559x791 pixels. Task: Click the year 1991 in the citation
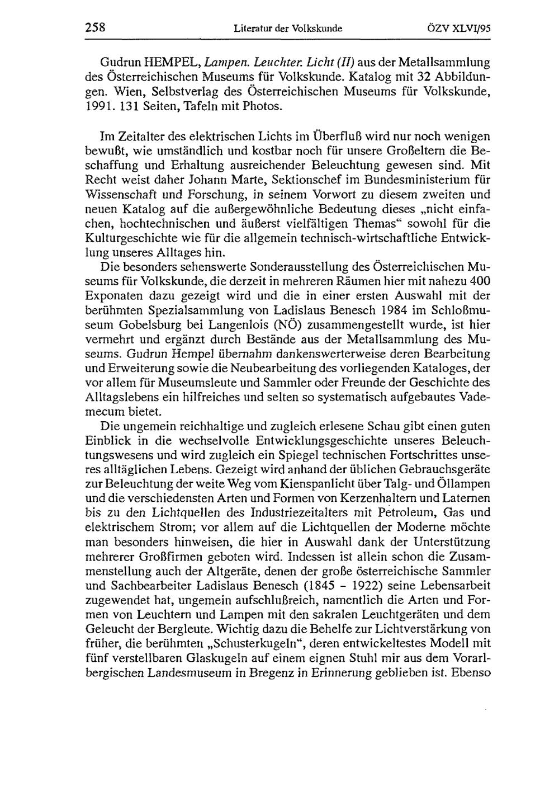pyautogui.click(x=96, y=105)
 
